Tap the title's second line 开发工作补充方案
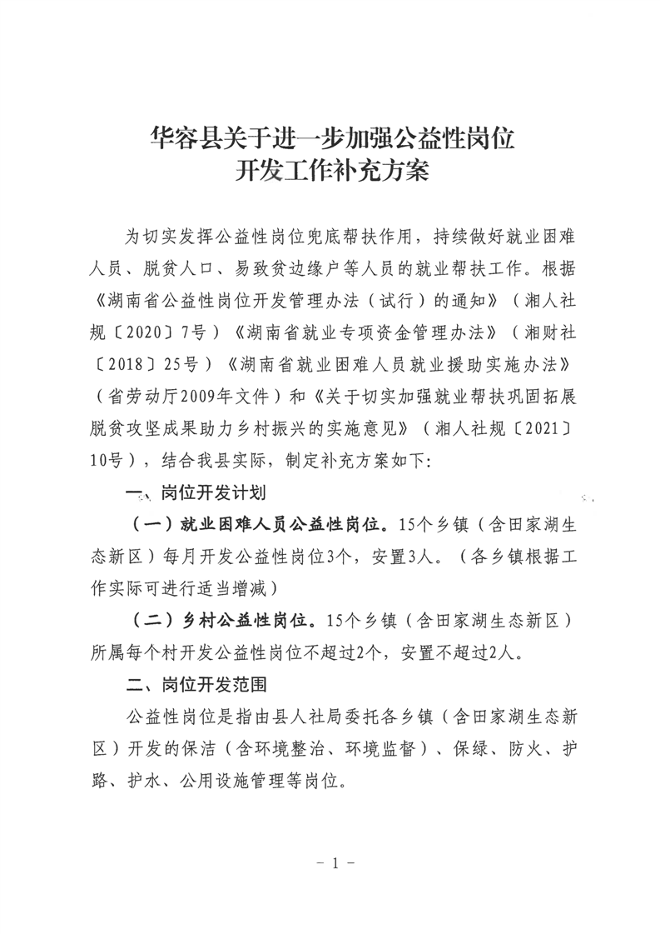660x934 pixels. (x=330, y=172)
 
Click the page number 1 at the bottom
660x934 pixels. (x=330, y=863)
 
